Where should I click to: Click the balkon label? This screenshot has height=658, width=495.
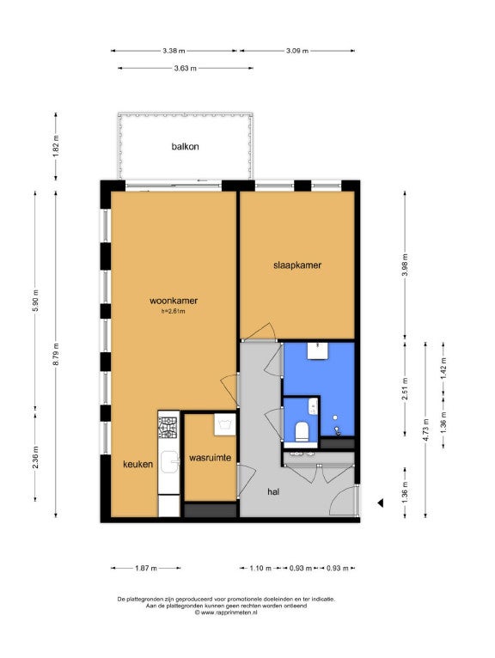tap(185, 146)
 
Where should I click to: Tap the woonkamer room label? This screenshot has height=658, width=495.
tap(174, 301)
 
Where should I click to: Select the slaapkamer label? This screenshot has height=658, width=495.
tap(297, 265)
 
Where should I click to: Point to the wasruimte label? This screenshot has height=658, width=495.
tap(210, 457)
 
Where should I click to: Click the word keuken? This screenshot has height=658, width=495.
tap(137, 464)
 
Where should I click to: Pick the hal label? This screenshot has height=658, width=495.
tap(273, 492)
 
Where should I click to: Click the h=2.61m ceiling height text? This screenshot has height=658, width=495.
tap(173, 311)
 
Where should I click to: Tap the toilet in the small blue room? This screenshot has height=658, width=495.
tap(302, 432)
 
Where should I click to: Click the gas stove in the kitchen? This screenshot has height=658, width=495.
tap(168, 428)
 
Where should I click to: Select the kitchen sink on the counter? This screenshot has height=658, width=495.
tap(169, 461)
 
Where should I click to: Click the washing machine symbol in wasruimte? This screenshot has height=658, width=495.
tap(224, 424)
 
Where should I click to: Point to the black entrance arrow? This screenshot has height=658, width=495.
tap(381, 503)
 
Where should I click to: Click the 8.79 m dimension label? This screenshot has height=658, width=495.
tap(56, 354)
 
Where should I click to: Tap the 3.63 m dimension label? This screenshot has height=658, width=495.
tap(185, 69)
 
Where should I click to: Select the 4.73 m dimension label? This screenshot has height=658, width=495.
tap(425, 430)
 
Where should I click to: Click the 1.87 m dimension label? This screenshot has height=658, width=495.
tap(146, 568)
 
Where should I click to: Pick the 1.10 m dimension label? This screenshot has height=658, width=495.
tap(260, 568)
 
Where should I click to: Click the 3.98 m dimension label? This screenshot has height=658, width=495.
tap(405, 265)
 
